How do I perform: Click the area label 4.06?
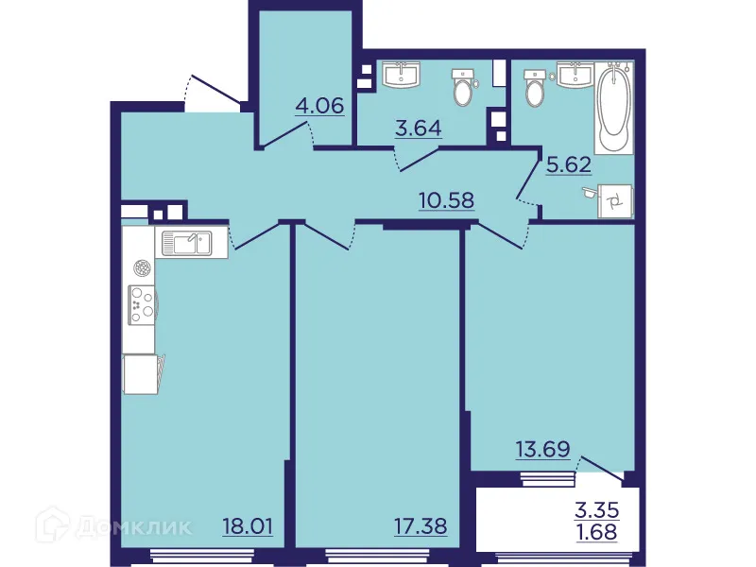[319, 105]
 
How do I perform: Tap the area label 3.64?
[418, 128]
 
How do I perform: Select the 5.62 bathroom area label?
[568, 164]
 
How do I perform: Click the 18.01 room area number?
[248, 524]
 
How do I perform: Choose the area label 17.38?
[421, 524]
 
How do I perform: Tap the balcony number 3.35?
[597, 511]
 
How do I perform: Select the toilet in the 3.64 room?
[463, 87]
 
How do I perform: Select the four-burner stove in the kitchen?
[142, 304]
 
